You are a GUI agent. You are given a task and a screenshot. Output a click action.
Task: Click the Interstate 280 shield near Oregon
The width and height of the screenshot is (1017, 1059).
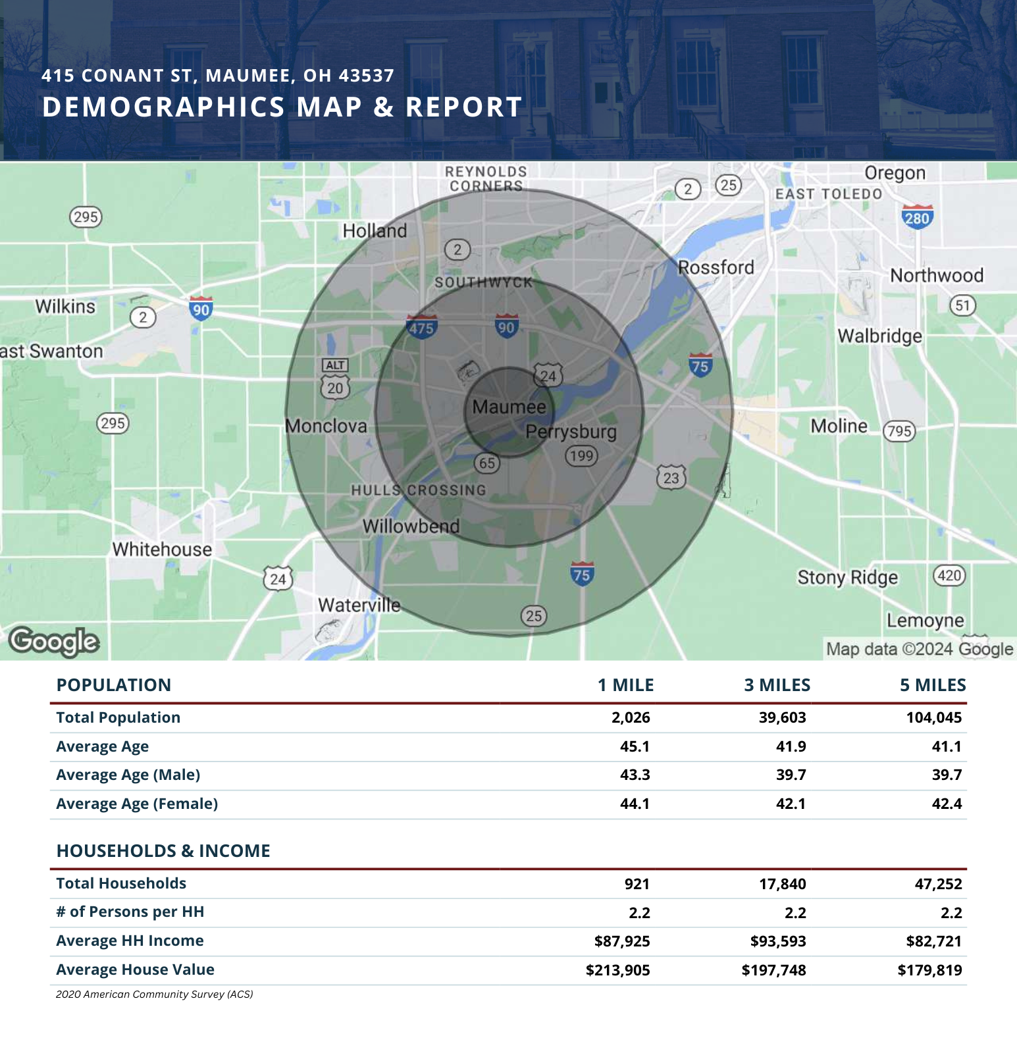click(917, 217)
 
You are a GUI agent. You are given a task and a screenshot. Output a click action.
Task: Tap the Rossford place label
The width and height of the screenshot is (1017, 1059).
click(716, 267)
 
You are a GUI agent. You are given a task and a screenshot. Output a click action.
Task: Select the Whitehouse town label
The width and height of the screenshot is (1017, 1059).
click(162, 549)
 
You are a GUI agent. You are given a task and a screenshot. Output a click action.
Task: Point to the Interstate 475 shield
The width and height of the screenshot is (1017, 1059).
click(421, 326)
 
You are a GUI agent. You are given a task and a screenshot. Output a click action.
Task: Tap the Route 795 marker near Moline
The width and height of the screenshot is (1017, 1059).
click(899, 431)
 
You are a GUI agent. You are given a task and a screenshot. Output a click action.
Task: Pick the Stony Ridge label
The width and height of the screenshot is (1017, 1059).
click(848, 577)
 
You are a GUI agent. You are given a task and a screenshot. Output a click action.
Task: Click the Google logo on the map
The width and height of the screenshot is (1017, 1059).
click(54, 642)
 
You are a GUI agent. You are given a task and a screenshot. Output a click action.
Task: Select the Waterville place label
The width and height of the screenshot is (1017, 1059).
click(359, 605)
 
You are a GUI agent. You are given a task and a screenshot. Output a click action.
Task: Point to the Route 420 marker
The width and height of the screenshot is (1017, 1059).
click(949, 576)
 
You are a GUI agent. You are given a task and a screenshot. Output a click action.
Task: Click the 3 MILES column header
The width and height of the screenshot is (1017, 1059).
click(777, 685)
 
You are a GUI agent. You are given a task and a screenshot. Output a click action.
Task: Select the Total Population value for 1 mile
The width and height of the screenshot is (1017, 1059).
click(631, 717)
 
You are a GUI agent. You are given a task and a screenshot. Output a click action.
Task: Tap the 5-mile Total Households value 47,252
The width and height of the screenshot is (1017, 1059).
click(938, 884)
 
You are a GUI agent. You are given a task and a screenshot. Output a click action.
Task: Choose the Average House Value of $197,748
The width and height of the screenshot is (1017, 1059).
click(774, 970)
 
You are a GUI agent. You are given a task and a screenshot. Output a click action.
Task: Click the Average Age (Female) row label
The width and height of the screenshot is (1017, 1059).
click(137, 804)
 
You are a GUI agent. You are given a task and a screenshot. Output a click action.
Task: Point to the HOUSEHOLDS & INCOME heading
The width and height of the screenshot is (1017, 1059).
click(163, 851)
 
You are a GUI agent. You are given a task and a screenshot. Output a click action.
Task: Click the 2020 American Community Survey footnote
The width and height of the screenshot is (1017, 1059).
click(155, 994)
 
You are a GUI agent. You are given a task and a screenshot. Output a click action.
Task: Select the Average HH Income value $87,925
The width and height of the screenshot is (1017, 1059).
click(622, 941)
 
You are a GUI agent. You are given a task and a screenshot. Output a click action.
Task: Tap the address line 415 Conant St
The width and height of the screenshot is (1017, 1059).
click(218, 76)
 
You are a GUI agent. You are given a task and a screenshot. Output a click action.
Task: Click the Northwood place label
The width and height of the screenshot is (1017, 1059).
click(937, 275)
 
